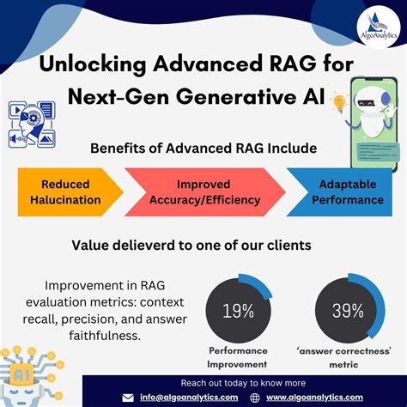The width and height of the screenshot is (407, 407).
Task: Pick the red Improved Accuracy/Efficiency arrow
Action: click(x=203, y=191)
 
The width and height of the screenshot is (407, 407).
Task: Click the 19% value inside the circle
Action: click(x=238, y=311)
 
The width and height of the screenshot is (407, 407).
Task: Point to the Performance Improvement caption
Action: click(x=238, y=357)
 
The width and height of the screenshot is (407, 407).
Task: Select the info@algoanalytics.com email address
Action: click(x=190, y=398)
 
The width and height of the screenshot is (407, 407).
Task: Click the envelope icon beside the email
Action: click(x=128, y=398)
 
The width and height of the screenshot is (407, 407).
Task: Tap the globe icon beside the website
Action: click(x=256, y=398)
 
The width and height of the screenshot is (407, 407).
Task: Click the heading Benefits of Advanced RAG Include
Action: click(x=203, y=148)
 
